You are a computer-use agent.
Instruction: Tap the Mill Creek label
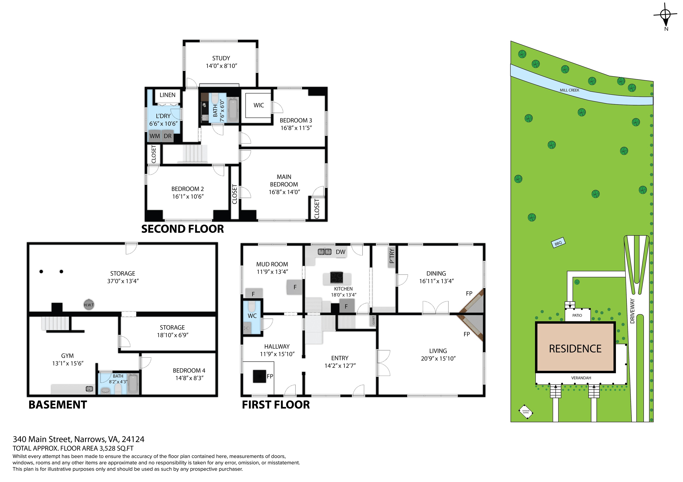[569, 90]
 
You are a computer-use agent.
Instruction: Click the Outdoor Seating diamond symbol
[526, 412]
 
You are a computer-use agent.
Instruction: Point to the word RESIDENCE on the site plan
[575, 349]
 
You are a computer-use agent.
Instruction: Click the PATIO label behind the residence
[577, 315]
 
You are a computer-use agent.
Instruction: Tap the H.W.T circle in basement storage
[89, 305]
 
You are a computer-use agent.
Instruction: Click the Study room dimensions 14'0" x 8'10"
[221, 66]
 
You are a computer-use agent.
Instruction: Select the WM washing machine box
[155, 136]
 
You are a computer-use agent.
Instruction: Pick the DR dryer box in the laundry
[167, 136]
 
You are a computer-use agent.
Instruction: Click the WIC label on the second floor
[259, 105]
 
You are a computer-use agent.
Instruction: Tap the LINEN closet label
[167, 95]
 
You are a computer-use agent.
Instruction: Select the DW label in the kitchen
[341, 252]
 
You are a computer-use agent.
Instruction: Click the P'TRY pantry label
[392, 256]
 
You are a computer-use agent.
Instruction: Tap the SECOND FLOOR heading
[182, 229]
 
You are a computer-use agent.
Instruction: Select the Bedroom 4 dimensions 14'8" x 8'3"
[189, 378]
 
